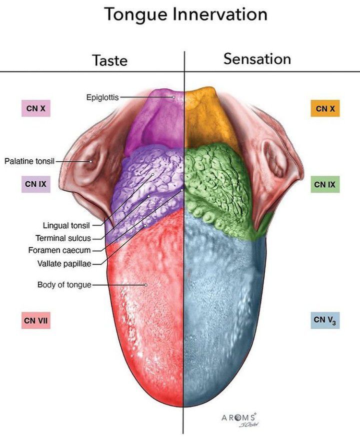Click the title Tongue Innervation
coord(185,14)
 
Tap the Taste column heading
coord(109,60)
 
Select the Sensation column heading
coord(257,59)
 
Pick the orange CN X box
coord(325,108)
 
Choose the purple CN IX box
coord(35,184)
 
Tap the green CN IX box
coord(325,185)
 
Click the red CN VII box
coord(35,320)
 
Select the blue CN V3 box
coord(325,320)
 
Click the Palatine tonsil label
coord(29,161)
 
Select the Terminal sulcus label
coord(63,238)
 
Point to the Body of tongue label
coord(64,285)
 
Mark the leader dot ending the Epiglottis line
coord(173,97)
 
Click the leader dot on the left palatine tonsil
coord(90,161)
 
